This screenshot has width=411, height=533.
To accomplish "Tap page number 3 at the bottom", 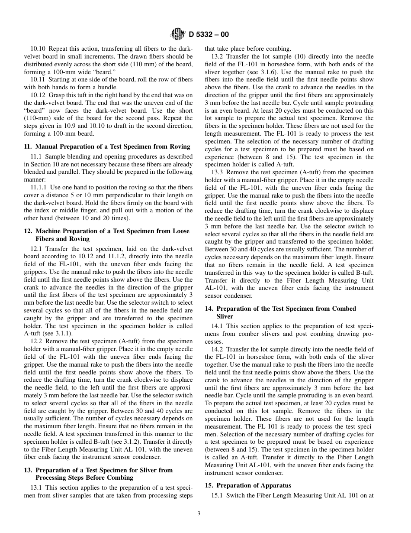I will [199, 514].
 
